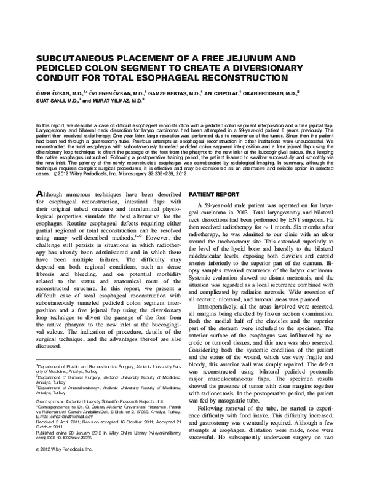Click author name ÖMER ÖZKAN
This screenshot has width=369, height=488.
click(54, 93)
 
